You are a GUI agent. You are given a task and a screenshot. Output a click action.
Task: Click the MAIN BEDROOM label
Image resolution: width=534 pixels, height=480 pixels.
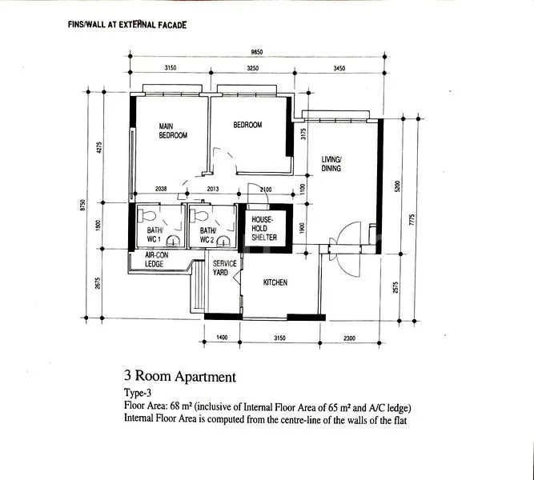(172, 131)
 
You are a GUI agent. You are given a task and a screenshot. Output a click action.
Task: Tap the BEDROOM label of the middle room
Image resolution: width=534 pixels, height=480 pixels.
(247, 126)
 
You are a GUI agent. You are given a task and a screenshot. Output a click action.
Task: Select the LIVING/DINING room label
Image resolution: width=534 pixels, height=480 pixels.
(331, 164)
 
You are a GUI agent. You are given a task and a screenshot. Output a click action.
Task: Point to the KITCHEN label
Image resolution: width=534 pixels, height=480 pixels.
(275, 283)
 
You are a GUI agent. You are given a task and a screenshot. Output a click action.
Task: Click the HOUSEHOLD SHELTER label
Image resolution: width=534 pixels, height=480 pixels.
(264, 228)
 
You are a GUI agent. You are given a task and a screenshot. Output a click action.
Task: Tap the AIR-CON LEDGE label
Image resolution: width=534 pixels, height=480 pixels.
(155, 259)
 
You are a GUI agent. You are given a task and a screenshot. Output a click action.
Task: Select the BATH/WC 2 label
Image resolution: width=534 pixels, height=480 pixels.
(207, 235)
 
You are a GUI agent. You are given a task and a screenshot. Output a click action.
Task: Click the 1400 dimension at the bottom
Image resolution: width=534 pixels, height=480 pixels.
(223, 338)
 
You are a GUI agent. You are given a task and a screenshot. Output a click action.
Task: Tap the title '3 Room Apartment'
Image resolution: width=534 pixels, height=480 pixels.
(179, 375)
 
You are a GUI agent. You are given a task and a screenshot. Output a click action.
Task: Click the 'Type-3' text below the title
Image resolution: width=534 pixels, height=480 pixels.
(139, 394)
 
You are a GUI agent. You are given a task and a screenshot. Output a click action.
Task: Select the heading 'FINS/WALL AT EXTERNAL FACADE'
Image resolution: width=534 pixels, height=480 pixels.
(129, 25)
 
